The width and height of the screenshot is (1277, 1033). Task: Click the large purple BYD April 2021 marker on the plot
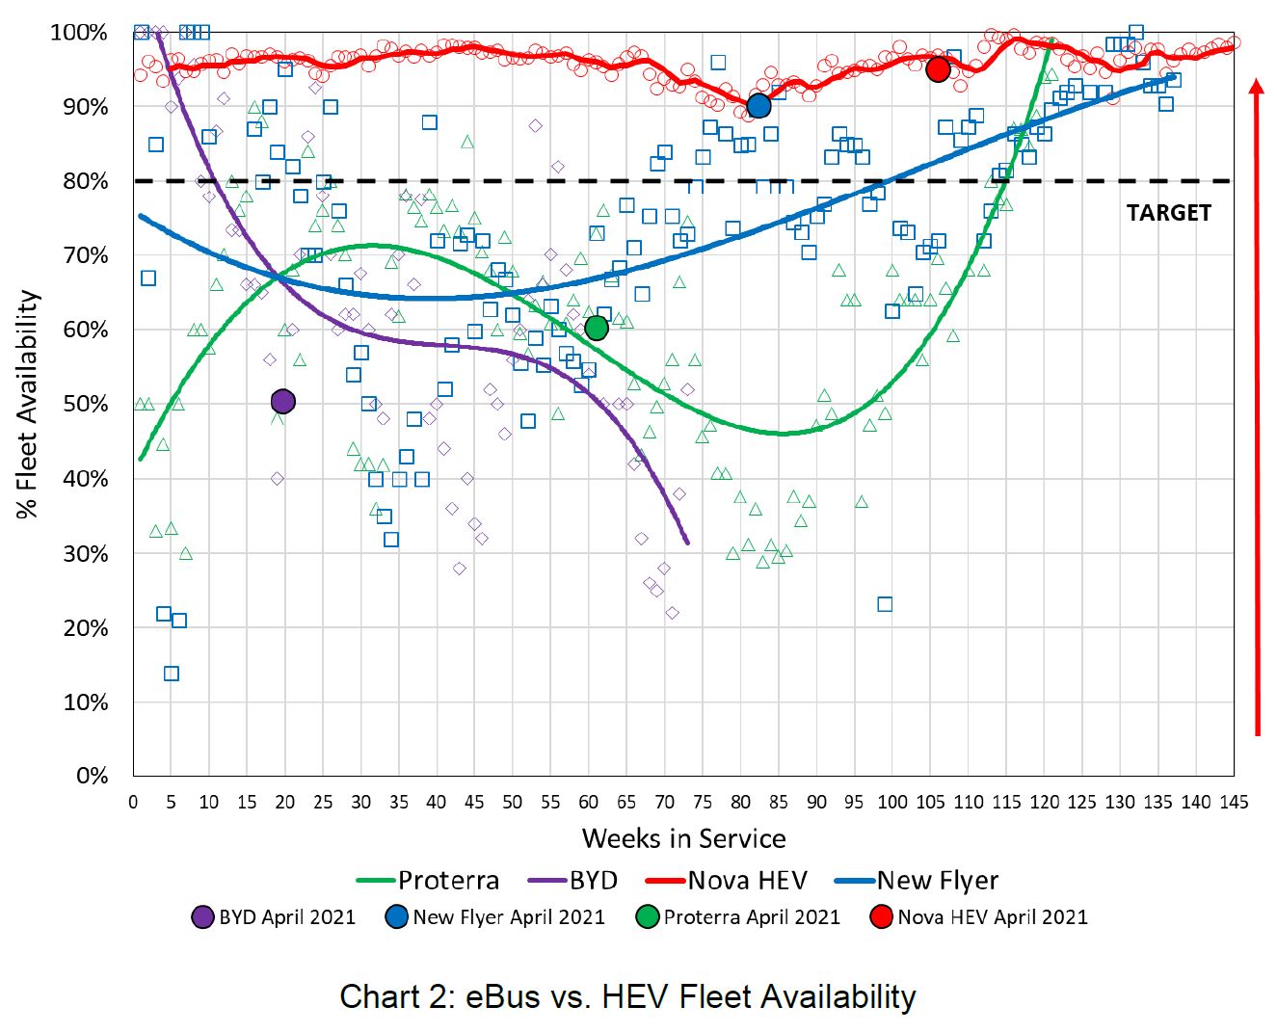[x=282, y=402]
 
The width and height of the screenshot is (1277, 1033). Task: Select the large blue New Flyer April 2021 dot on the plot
[x=758, y=106]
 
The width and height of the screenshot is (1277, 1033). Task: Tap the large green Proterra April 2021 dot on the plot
[x=597, y=329]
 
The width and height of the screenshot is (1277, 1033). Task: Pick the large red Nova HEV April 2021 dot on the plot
[x=938, y=69]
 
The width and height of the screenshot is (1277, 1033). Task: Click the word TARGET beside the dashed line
[x=1168, y=213]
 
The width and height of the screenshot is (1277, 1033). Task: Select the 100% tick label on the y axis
[x=79, y=33]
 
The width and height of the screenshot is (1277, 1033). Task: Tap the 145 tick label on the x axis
[x=1233, y=803]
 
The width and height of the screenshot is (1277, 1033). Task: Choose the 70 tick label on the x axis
[x=664, y=803]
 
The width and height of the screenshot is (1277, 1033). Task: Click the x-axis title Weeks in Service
[x=683, y=838]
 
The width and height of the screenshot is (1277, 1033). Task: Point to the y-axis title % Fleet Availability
[x=29, y=405]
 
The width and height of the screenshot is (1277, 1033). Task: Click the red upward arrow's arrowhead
[x=1257, y=87]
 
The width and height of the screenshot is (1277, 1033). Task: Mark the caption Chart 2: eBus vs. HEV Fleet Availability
[x=627, y=996]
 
